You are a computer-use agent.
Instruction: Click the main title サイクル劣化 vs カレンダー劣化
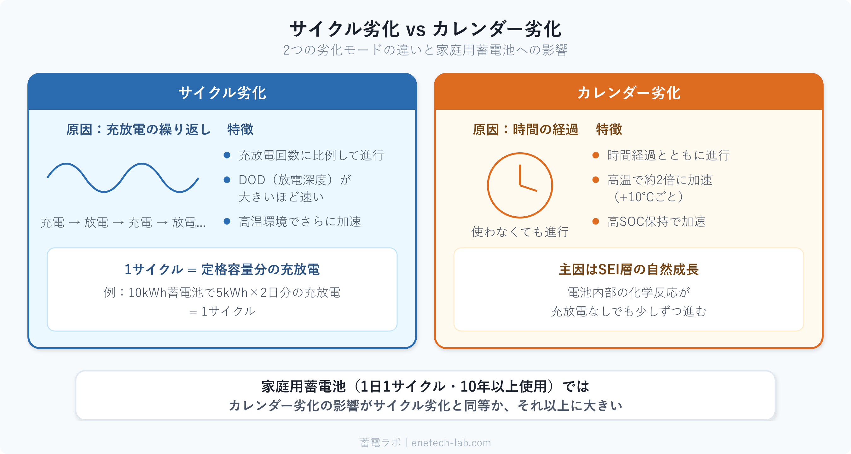click(425, 29)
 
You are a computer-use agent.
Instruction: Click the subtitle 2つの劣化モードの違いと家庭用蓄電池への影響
click(425, 50)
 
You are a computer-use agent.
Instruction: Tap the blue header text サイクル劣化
click(222, 93)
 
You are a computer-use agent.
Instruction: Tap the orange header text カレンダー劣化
click(629, 93)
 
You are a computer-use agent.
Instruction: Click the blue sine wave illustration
click(123, 178)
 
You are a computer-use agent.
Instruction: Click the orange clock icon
click(520, 185)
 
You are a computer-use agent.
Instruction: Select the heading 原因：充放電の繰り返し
click(138, 130)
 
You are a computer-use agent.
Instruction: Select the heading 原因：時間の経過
click(525, 130)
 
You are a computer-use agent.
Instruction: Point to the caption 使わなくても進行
click(520, 232)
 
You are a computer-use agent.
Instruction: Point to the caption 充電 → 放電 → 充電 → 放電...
click(123, 222)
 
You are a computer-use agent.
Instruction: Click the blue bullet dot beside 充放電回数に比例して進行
click(227, 155)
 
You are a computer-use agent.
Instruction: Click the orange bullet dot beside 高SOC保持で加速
click(596, 221)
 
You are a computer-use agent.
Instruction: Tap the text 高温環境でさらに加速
click(300, 222)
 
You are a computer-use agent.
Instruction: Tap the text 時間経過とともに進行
click(668, 155)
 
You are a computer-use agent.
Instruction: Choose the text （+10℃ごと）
click(648, 197)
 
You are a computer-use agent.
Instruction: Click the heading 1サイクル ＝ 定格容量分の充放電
click(222, 270)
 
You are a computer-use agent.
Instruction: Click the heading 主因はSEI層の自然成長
click(629, 270)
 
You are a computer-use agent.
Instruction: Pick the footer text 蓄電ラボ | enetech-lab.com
click(425, 442)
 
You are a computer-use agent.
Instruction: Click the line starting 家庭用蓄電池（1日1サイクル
click(425, 386)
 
